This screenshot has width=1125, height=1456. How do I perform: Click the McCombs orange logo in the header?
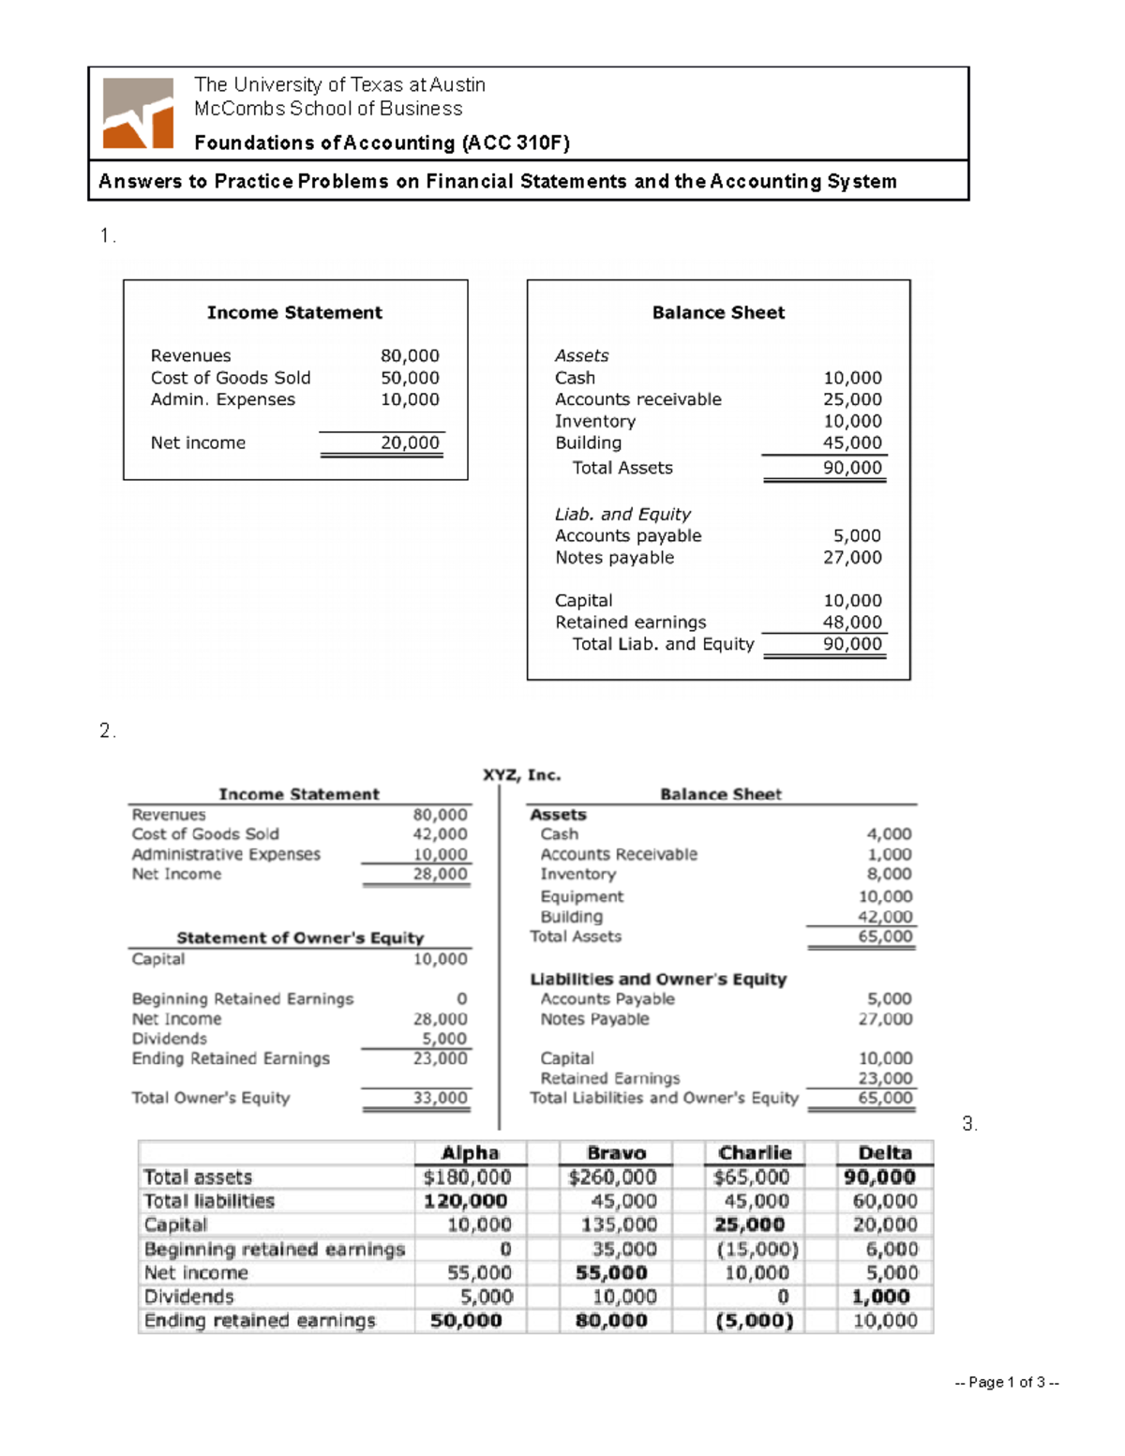[x=138, y=113]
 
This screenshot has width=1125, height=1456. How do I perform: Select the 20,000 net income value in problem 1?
[x=410, y=443]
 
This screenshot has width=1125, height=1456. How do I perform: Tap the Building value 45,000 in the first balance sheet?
[x=852, y=443]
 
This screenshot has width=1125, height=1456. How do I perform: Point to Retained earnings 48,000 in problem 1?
[x=852, y=623]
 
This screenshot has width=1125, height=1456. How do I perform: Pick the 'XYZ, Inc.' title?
[x=521, y=775]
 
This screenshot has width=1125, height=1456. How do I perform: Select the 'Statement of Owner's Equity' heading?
[x=300, y=938]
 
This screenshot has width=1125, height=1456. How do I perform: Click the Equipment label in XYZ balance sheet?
[x=581, y=896]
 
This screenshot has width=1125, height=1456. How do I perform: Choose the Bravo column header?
[x=616, y=1153]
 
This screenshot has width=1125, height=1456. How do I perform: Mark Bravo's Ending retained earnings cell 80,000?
[x=611, y=1321]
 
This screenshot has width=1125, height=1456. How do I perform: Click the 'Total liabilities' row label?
[x=209, y=1201]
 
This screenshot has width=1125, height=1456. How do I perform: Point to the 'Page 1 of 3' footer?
[x=1006, y=1382]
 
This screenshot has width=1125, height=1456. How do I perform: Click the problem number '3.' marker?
[x=969, y=1123]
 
